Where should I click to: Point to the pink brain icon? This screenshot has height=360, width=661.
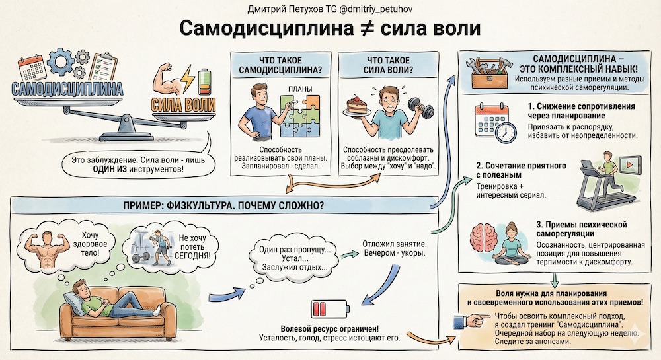pos(486,236)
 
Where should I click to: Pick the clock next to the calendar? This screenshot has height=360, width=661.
pos(506,131)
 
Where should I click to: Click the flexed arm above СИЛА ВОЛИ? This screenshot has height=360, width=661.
pos(167,81)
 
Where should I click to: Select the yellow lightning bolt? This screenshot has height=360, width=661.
pos(189,81)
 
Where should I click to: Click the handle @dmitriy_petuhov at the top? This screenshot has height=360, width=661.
pos(369,8)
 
